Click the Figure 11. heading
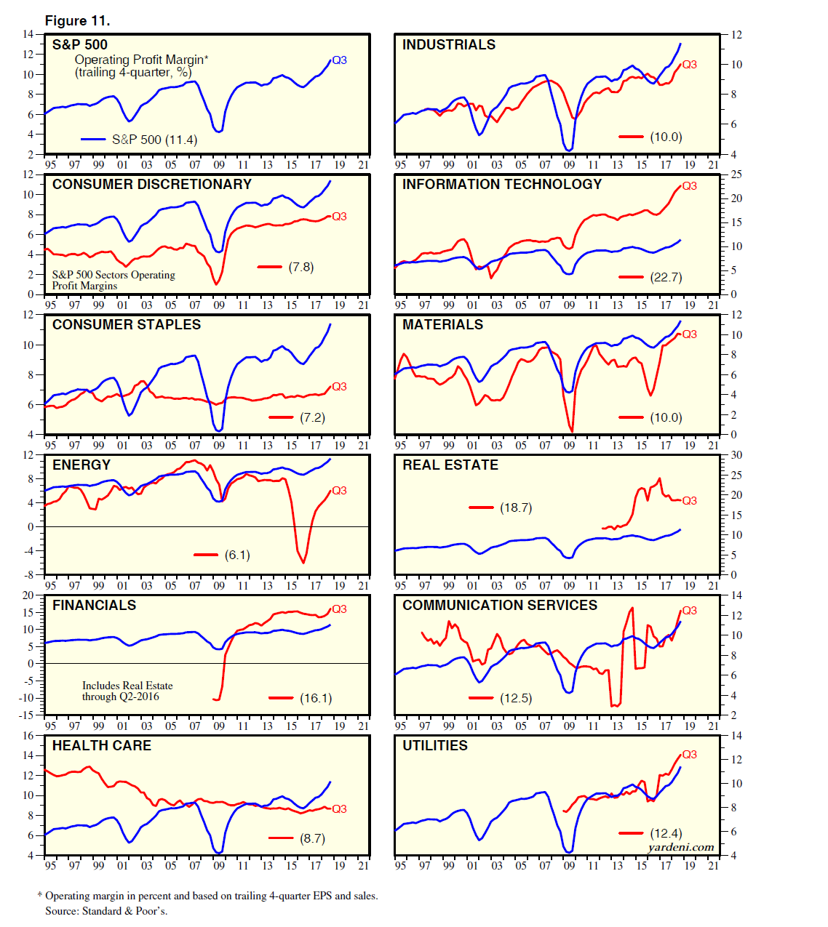[78, 20]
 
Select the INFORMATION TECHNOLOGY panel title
[502, 185]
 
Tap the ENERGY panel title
[81, 465]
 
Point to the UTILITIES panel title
[435, 746]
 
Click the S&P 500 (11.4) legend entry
[154, 140]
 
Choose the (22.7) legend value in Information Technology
[666, 277]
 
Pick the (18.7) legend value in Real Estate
[516, 507]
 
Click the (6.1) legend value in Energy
[237, 555]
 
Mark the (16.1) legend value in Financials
[316, 698]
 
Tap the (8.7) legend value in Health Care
[312, 838]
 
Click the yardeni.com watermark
[681, 847]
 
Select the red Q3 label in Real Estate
[689, 501]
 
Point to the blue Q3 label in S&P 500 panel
[339, 60]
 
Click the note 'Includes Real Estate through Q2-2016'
[127, 691]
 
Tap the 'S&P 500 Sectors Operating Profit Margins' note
[114, 280]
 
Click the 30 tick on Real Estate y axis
[736, 455]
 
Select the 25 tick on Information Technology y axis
[736, 174]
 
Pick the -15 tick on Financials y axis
[26, 715]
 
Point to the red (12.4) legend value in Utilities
[666, 833]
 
